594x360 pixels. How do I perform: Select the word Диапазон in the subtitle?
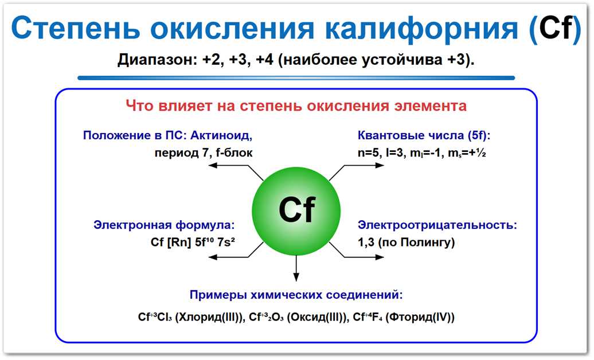tap(155, 60)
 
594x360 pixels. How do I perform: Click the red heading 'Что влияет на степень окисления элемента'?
tap(296, 106)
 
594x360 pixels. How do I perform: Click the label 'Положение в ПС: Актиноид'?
tap(167, 136)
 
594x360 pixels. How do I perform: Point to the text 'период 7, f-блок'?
tap(203, 152)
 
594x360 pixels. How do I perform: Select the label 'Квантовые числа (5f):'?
tap(424, 136)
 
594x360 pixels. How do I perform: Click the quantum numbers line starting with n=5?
tap(422, 153)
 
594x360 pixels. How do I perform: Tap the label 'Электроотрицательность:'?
tap(437, 225)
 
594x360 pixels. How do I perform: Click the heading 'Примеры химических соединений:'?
tap(296, 295)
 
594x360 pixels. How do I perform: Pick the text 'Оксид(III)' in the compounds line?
tap(318, 318)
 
